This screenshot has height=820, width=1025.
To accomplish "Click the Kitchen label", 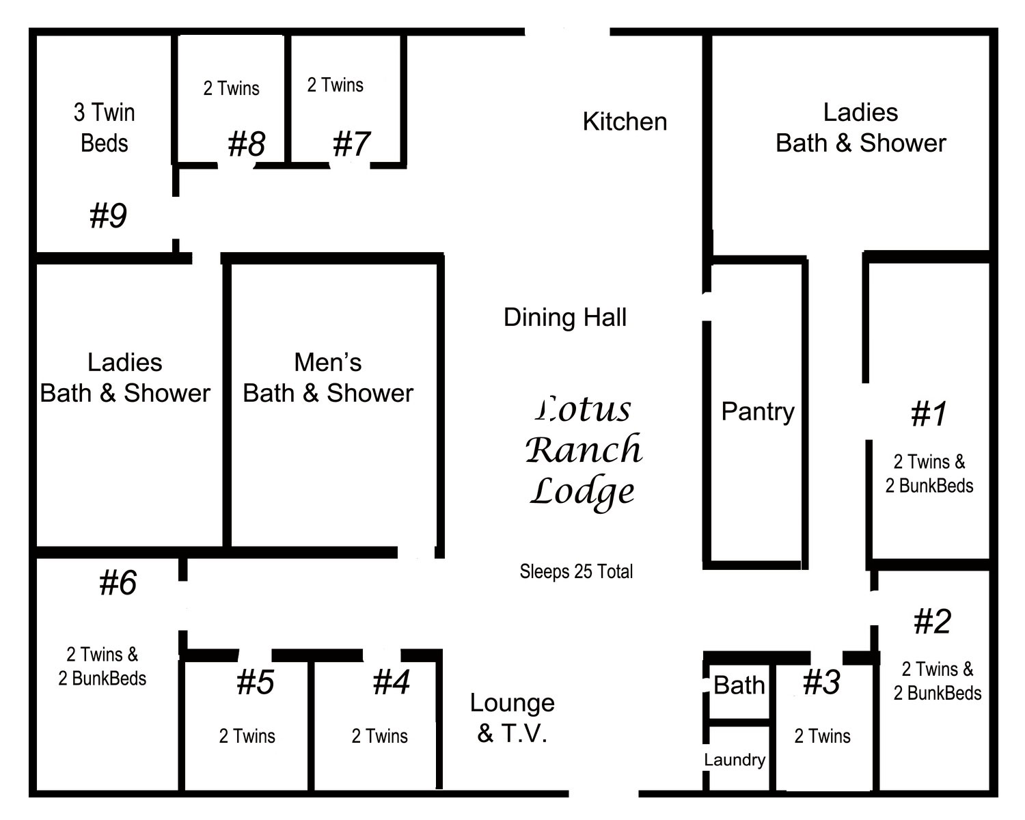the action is click(x=625, y=122).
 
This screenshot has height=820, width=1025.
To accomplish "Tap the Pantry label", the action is click(x=758, y=412).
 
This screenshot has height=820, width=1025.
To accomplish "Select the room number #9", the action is click(x=108, y=215).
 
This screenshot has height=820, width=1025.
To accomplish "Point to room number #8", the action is click(x=247, y=143).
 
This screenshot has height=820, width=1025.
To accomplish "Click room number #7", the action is click(x=351, y=143).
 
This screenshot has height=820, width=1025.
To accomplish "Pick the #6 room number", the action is click(x=118, y=582).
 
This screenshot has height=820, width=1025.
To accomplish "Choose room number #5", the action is click(x=256, y=682).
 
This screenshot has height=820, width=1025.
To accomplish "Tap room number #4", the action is click(x=391, y=682).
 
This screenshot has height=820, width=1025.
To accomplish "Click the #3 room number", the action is click(x=821, y=682).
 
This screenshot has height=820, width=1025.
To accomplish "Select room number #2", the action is click(x=933, y=621).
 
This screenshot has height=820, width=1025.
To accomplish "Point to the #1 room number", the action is click(x=929, y=413).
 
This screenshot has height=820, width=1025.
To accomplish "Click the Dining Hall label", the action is click(x=565, y=317).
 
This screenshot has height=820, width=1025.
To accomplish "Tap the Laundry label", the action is click(x=735, y=759).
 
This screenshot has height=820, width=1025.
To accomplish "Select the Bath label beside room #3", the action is click(x=739, y=685).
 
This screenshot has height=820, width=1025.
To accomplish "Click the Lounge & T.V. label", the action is click(x=512, y=718).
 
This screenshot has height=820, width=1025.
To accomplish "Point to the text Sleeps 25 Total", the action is click(x=576, y=571).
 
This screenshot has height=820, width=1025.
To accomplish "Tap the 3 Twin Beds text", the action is click(x=105, y=128).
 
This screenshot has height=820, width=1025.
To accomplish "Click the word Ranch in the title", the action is click(x=584, y=450).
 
